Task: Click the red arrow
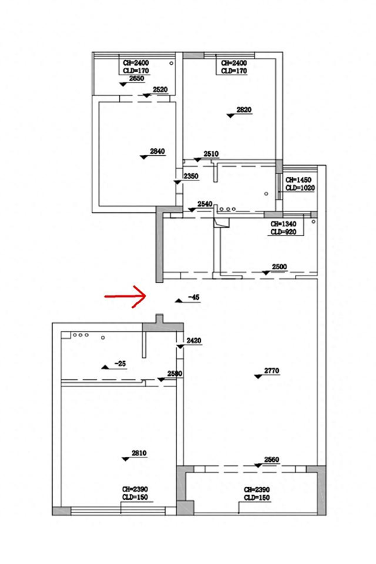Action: tap(125, 296)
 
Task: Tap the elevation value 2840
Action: tap(157, 152)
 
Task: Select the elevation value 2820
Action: tap(244, 110)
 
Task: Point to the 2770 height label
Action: tap(272, 371)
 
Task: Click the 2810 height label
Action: tap(139, 453)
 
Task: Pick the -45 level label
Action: tap(193, 298)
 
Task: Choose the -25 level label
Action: tap(120, 364)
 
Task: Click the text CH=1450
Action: tap(298, 180)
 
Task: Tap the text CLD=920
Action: tap(283, 232)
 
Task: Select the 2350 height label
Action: tap(190, 176)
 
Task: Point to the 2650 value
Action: tap(136, 78)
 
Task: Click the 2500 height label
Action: tap(279, 266)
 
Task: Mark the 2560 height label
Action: tap(272, 460)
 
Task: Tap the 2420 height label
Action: tap(194, 341)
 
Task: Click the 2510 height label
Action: tap(211, 154)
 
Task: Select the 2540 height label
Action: tap(205, 204)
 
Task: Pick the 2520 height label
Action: tap(160, 90)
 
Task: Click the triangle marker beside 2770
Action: tap(257, 376)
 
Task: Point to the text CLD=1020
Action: tap(300, 188)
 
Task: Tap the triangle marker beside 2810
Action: tap(125, 459)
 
